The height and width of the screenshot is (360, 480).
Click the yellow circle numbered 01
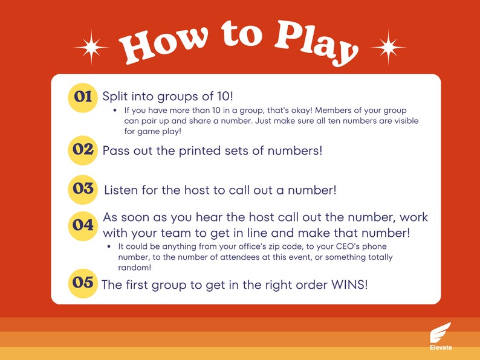[x=83, y=97]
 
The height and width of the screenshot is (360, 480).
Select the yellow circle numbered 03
[x=83, y=188]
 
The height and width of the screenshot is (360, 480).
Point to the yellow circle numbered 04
[x=83, y=225]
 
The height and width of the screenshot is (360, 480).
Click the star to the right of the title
[x=388, y=47]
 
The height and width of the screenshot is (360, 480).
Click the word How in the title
[x=160, y=47]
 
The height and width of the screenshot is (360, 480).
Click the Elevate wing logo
[x=440, y=333]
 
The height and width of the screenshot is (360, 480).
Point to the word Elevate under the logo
[x=440, y=348]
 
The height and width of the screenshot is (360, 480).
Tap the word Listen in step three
[x=123, y=190]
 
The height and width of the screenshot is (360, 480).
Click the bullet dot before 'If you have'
[x=115, y=111]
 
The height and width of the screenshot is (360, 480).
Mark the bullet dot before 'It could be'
[x=109, y=247]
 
